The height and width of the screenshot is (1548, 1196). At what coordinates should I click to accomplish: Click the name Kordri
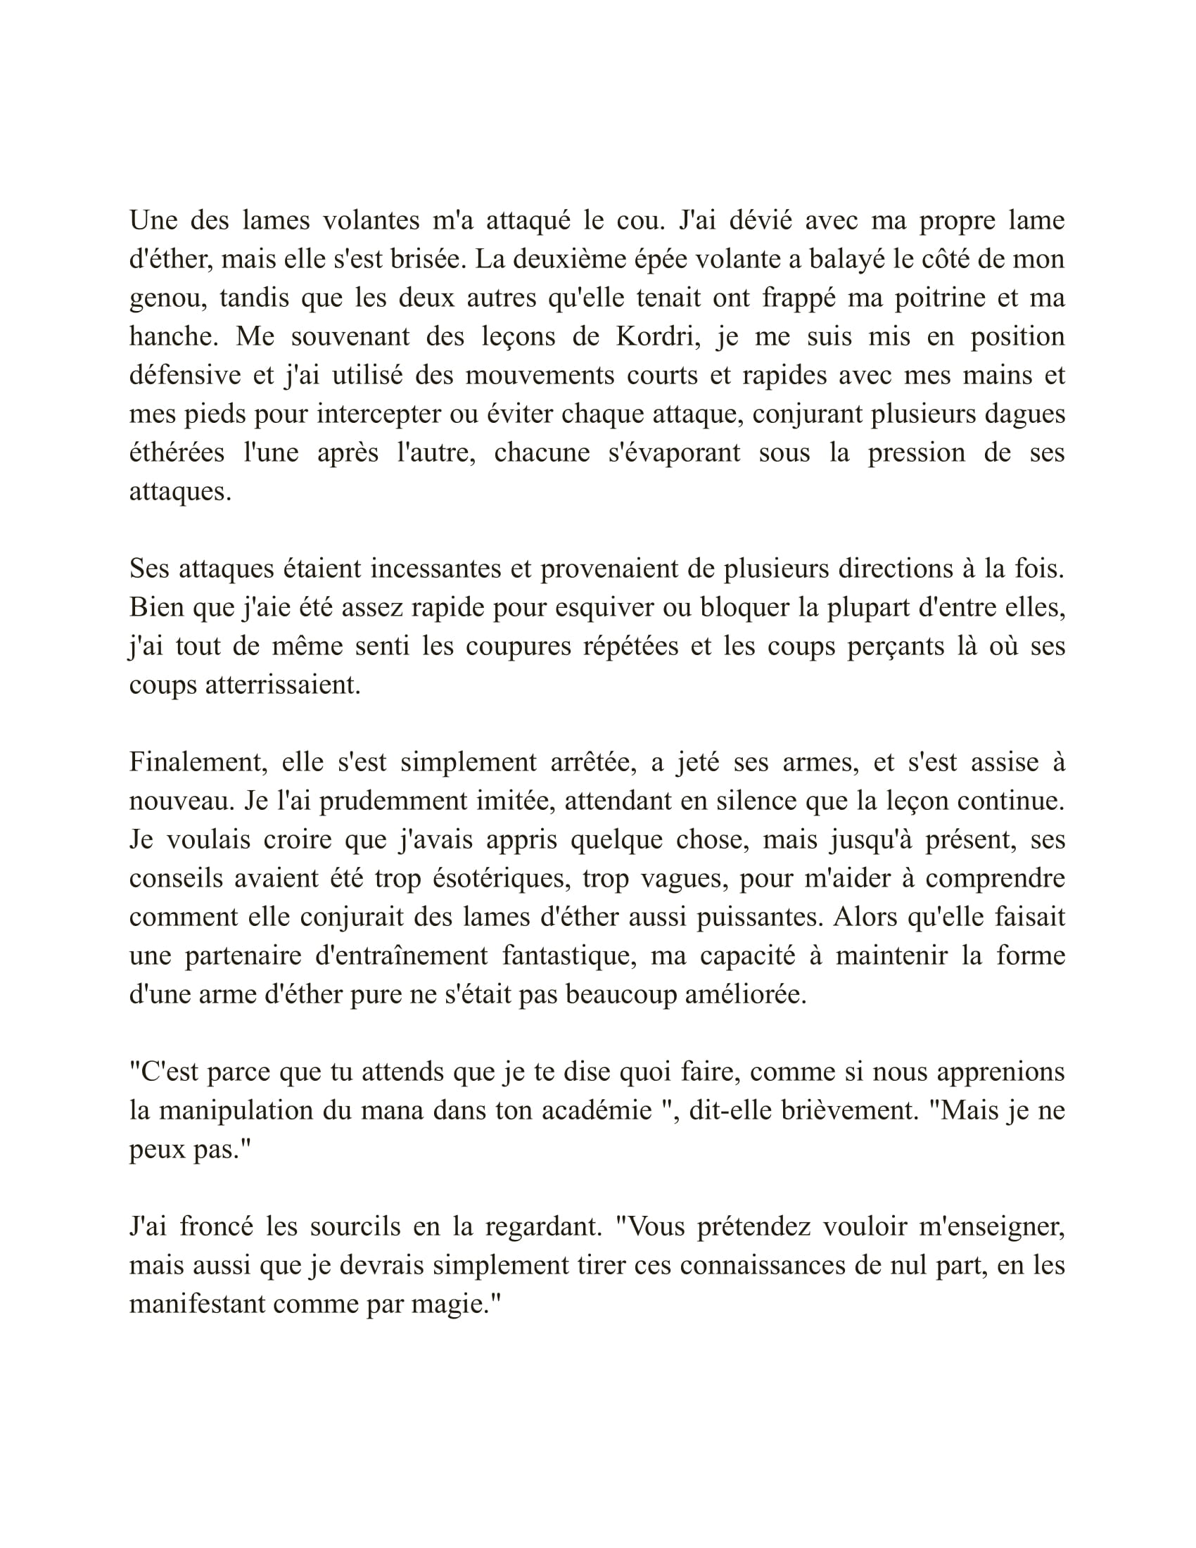[658, 336]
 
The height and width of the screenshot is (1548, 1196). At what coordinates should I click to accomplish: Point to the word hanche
[172, 336]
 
